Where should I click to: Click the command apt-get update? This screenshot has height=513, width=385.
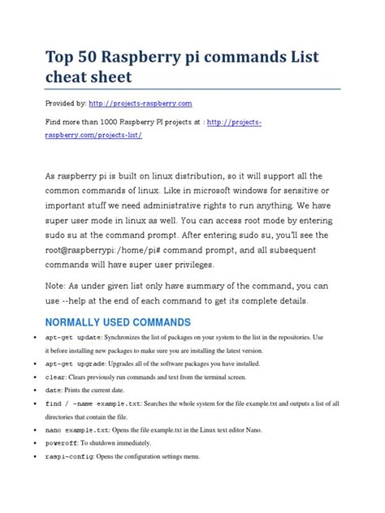(73, 338)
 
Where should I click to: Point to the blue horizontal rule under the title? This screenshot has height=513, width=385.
(192, 90)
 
